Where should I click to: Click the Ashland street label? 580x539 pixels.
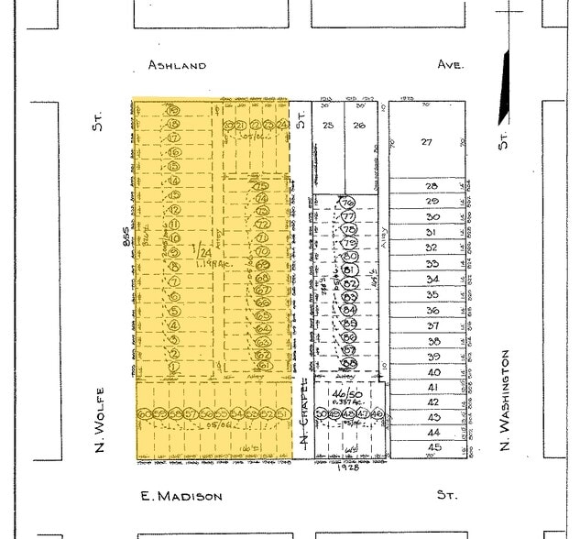tap(177, 65)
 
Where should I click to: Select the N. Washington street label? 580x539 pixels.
tap(504, 403)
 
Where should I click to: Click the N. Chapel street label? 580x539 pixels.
tap(301, 417)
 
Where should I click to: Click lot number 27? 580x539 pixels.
tap(426, 142)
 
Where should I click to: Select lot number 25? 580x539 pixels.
tap(329, 126)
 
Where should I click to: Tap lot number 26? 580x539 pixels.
tap(360, 126)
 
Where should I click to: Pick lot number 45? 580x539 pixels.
tap(433, 447)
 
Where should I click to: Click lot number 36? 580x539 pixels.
tap(433, 310)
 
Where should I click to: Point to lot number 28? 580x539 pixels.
tap(432, 185)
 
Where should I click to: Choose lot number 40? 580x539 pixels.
tap(433, 372)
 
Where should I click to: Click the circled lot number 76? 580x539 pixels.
tap(347, 203)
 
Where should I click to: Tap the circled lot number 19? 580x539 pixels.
tap(173, 110)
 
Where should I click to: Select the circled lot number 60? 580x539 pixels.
tap(144, 414)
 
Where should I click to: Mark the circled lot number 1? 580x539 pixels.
tap(173, 367)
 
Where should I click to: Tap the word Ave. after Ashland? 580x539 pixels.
tap(450, 65)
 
